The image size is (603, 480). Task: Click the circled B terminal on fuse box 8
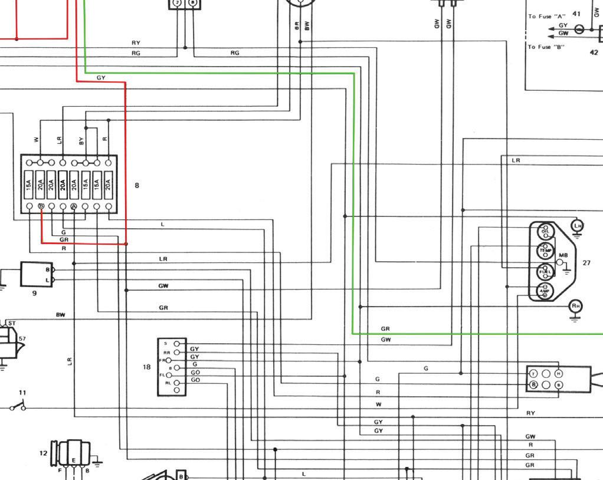coord(41,206)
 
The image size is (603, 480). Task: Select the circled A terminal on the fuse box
coord(74,206)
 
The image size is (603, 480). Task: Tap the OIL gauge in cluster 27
coord(545,232)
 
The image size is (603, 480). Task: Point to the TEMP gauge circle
coord(545,251)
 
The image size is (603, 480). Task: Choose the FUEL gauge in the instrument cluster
coord(545,272)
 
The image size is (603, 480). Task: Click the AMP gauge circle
coord(545,291)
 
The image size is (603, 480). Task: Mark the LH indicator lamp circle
coord(577,226)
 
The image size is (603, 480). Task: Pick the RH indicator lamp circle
coord(575,305)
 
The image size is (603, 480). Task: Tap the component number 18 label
coord(146,367)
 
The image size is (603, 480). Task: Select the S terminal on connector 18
coord(176,344)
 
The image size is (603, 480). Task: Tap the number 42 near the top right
coord(594,52)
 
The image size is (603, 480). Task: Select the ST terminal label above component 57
coord(12,323)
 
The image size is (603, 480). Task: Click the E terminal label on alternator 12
coord(74,460)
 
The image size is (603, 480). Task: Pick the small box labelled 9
coord(36,274)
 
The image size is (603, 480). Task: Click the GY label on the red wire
coord(101,78)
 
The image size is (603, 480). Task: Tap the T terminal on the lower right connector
coord(533,374)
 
